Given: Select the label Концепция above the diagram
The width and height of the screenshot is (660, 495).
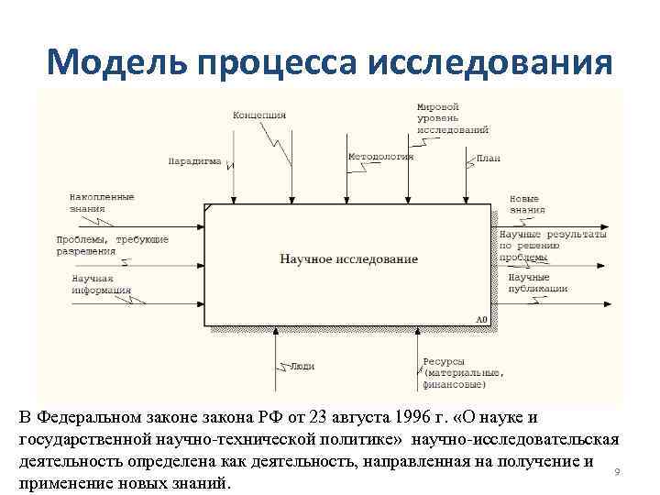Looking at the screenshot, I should coord(258,115).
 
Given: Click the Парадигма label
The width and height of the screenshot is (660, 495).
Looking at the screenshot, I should coord(194,161).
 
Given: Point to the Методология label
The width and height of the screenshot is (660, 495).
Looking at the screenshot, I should coord(380,157).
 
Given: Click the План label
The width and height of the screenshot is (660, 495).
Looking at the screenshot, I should coord(489,159).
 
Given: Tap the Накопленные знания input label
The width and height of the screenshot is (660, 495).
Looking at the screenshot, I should coord(101,203).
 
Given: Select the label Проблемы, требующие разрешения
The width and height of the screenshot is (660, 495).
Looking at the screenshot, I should coord(112,245).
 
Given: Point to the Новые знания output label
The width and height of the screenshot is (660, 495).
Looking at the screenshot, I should coord(524,203).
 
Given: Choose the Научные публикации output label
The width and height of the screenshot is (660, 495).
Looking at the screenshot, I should coord(537,282).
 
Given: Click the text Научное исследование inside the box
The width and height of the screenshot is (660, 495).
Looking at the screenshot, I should coord(348,259).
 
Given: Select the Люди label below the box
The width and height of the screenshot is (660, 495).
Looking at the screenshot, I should coord(302,366).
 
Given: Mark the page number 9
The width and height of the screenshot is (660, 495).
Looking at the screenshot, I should coord(617,472).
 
